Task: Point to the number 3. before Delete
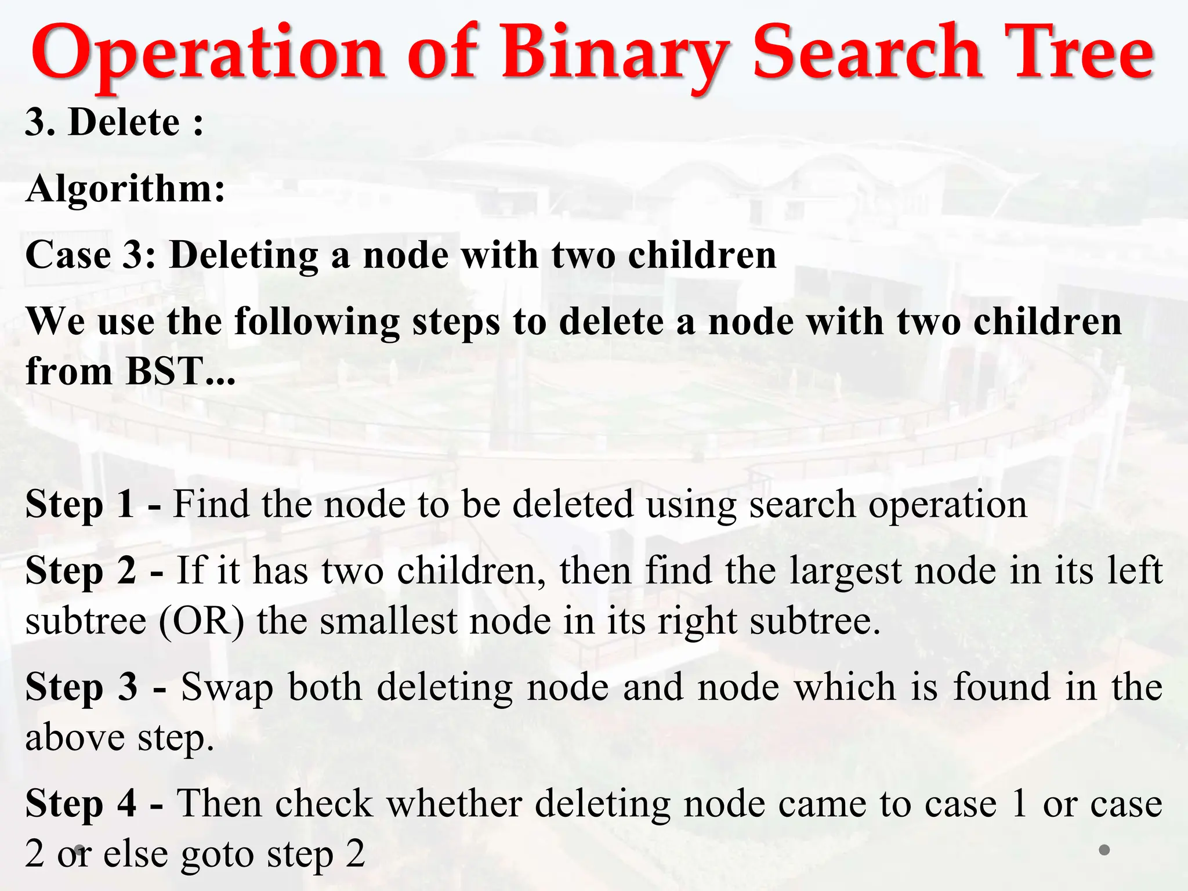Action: pyautogui.click(x=40, y=122)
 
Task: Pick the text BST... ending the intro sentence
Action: pyautogui.click(x=180, y=371)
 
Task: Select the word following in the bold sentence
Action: pyautogui.click(x=317, y=321)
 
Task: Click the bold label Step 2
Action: pyautogui.click(x=81, y=570)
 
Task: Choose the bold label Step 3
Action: pyautogui.click(x=82, y=687)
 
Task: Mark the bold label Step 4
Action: pyautogui.click(x=81, y=803)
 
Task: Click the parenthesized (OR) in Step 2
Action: pyautogui.click(x=201, y=621)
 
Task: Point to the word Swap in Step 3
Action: pyautogui.click(x=227, y=688)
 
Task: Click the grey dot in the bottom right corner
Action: pyautogui.click(x=1104, y=850)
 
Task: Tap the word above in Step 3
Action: pyautogui.click(x=75, y=738)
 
